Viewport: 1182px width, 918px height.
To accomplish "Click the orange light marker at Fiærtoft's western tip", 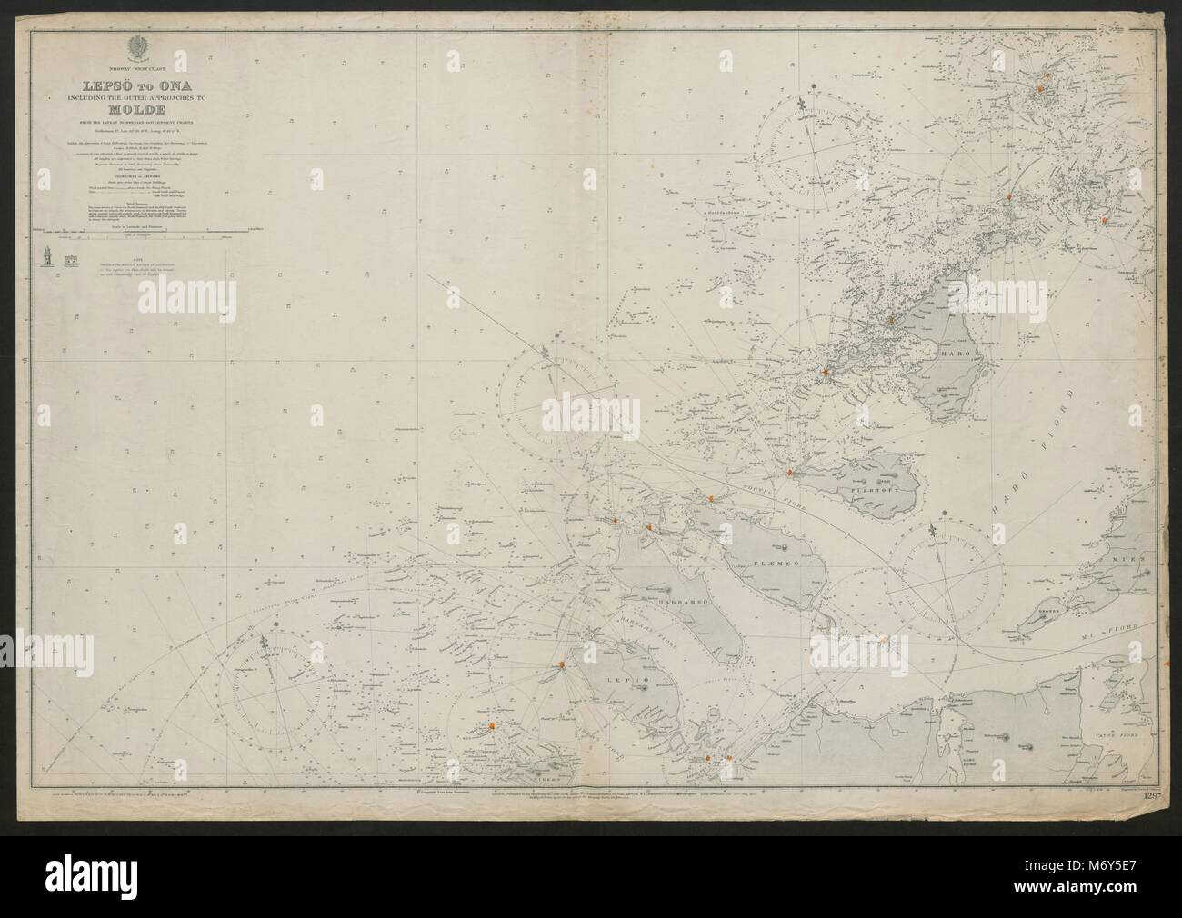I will [791, 473].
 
